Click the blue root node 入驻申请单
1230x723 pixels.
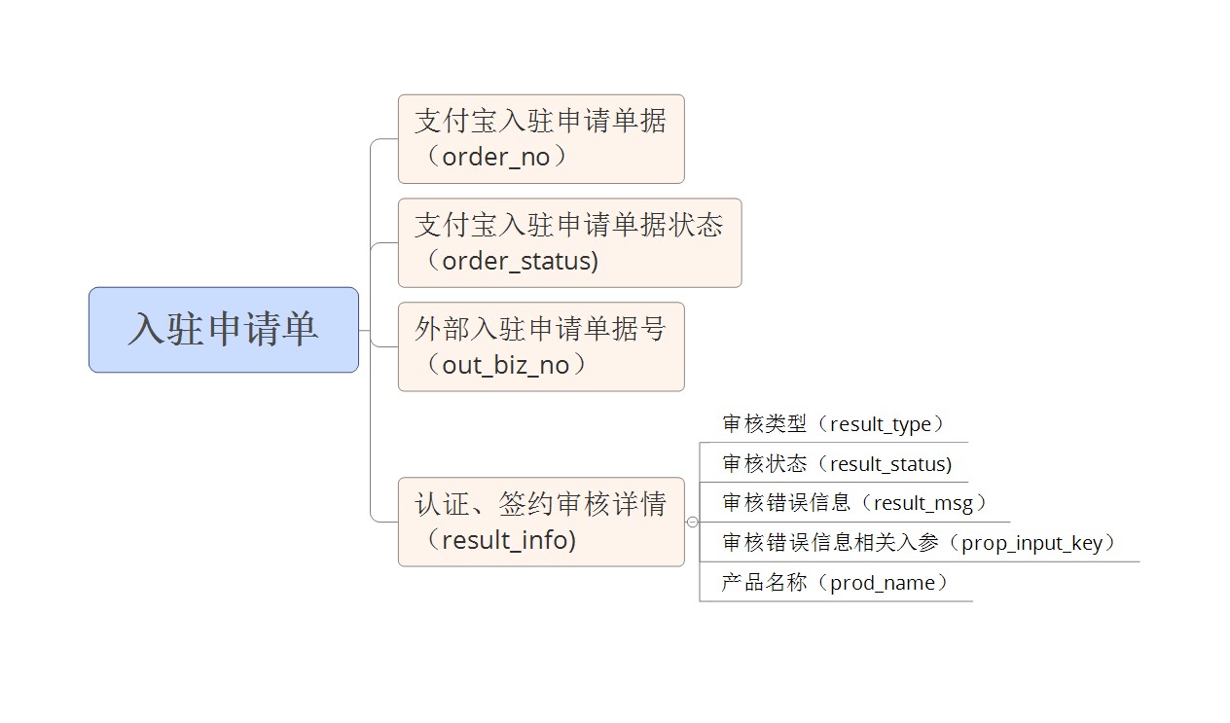click(x=224, y=330)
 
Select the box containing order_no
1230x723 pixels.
click(x=541, y=139)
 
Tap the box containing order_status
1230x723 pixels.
click(x=569, y=243)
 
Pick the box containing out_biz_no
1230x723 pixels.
click(x=541, y=346)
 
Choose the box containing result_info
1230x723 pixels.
click(x=541, y=522)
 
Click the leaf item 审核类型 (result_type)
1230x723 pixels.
click(x=833, y=424)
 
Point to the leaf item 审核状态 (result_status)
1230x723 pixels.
click(x=837, y=464)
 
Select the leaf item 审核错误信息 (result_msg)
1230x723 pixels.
click(x=854, y=503)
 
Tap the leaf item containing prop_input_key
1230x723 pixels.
click(x=919, y=543)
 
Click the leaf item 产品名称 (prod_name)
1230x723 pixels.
click(x=835, y=583)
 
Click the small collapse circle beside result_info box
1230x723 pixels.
click(x=692, y=523)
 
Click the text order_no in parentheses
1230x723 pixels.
click(x=496, y=158)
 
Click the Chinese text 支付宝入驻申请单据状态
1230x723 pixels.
click(x=569, y=226)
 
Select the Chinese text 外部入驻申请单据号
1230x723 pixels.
click(x=540, y=329)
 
